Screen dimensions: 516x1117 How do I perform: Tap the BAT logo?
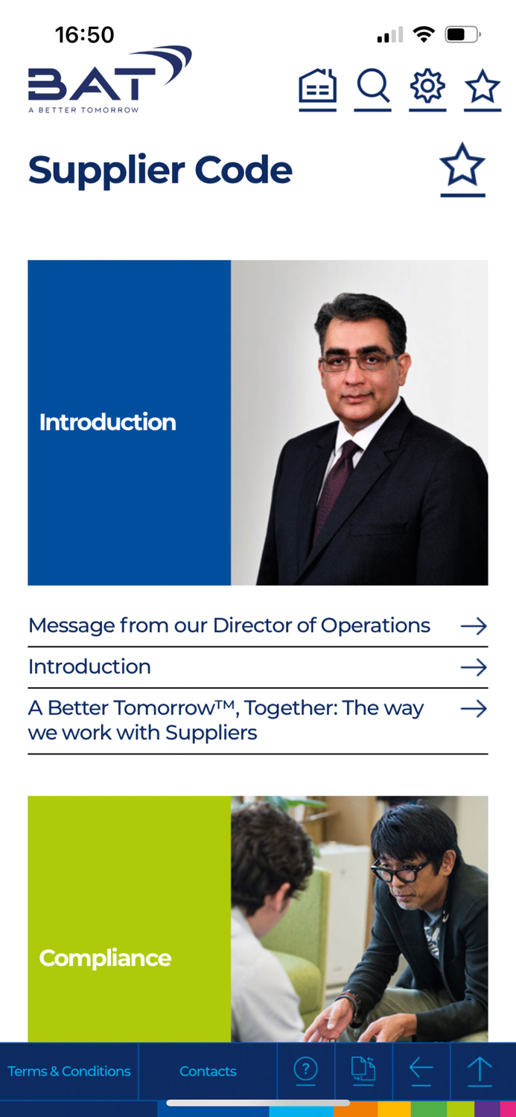click(x=109, y=80)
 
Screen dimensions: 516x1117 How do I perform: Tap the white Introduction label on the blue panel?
click(x=108, y=422)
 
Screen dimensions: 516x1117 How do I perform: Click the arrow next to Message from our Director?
click(x=474, y=626)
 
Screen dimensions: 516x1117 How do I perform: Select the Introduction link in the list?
click(x=89, y=666)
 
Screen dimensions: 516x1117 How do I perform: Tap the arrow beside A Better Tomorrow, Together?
click(x=474, y=709)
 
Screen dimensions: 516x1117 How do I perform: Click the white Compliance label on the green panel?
click(x=105, y=958)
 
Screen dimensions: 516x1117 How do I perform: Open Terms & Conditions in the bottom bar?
click(x=69, y=1071)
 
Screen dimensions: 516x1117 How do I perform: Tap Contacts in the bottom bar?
click(x=208, y=1071)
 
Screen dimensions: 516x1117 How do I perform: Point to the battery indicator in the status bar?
click(x=462, y=34)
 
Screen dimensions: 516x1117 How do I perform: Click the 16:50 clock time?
click(x=84, y=35)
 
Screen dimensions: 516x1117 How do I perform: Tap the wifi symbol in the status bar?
click(x=424, y=34)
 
